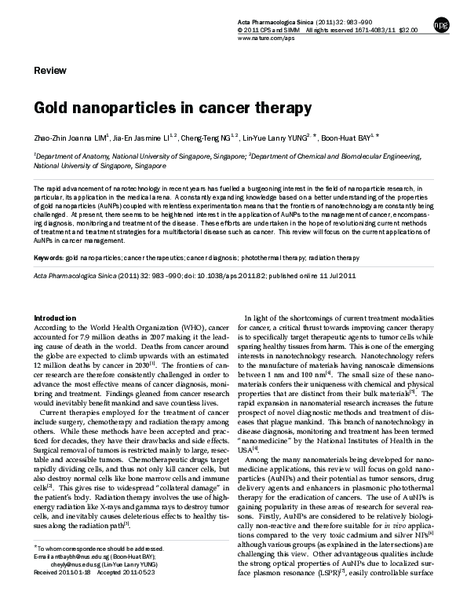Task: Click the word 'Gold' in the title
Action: pyautogui.click(x=52, y=107)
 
